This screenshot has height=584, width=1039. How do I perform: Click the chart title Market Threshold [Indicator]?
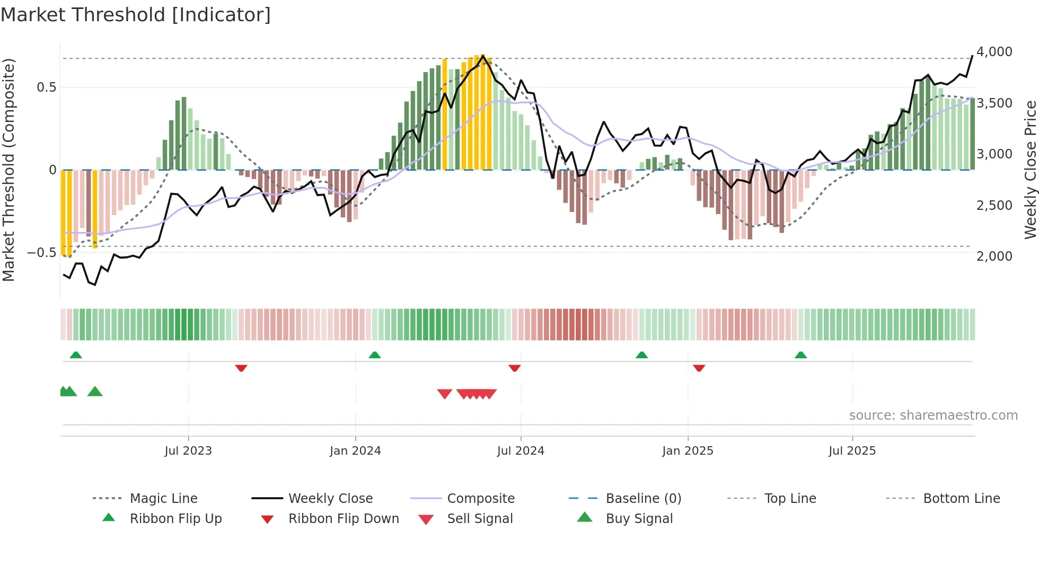136,15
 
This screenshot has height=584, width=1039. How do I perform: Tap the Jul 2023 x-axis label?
188,451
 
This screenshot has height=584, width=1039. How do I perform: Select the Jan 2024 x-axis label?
355,451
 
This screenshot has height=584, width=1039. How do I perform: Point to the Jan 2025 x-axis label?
688,451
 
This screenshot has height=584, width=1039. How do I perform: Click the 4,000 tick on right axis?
994,52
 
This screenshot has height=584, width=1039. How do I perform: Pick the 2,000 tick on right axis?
994,256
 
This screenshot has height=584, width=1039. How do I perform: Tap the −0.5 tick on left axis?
42,253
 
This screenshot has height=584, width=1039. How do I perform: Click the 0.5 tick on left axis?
47,87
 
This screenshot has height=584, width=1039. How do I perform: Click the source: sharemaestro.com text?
933,415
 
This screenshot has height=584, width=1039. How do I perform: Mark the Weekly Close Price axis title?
1030,170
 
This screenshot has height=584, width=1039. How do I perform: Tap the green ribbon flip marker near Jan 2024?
375,355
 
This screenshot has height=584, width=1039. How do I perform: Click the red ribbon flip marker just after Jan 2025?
699,368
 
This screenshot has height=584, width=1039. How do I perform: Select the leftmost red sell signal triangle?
444,394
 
